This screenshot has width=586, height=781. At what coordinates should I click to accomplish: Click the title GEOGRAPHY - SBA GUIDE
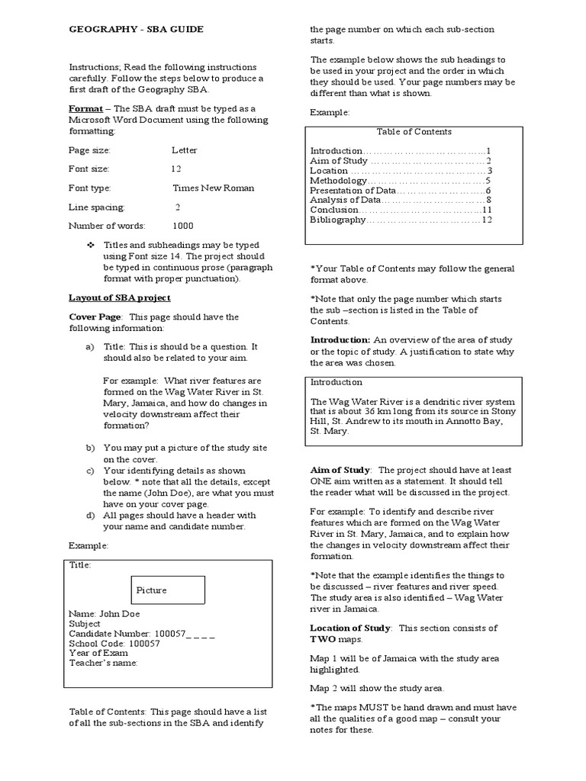[137, 29]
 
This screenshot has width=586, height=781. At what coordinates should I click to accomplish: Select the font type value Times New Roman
[214, 188]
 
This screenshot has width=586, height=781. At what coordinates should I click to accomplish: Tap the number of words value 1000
[183, 226]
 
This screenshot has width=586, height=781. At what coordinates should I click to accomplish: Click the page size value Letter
[185, 150]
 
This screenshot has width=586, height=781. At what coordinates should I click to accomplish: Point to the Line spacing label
[97, 207]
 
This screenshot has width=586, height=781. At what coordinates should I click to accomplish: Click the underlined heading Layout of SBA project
[120, 297]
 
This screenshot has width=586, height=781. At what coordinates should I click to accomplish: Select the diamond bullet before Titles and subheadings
[92, 245]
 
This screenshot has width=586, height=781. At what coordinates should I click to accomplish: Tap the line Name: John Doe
[105, 613]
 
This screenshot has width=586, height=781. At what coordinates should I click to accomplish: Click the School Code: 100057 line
[114, 643]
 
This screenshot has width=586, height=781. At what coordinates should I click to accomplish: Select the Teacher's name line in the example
[103, 663]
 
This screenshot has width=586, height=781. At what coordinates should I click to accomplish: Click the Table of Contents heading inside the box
[414, 132]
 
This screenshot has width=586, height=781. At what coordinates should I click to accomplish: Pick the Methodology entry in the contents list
[338, 181]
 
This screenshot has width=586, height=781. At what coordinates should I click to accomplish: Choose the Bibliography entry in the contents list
[338, 220]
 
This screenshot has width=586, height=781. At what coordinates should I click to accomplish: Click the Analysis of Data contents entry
[345, 200]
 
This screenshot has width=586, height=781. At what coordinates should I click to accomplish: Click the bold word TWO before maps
[322, 639]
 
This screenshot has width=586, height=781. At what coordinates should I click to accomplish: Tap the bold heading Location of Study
[350, 628]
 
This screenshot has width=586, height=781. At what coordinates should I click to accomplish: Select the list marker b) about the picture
[90, 448]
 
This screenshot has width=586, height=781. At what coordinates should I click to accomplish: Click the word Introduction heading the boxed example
[336, 382]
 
